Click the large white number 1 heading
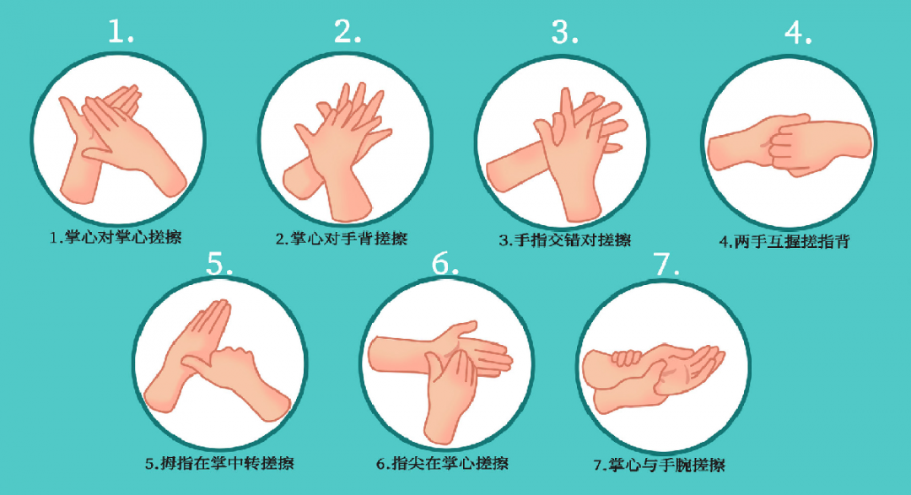pyautogui.click(x=121, y=31)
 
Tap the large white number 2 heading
pyautogui.click(x=348, y=31)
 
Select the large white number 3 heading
pyautogui.click(x=564, y=32)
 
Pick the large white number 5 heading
pyautogui.click(x=219, y=263)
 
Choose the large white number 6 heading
pyautogui.click(x=445, y=263)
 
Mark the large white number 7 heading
pyautogui.click(x=666, y=264)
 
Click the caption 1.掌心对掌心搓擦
pyautogui.click(x=116, y=237)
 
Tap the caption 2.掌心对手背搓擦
pyautogui.click(x=342, y=238)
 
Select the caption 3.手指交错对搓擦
pyautogui.click(x=564, y=239)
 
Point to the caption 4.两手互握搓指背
pyautogui.click(x=784, y=241)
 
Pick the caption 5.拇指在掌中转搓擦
pyautogui.click(x=219, y=463)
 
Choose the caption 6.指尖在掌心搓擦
pyautogui.click(x=442, y=463)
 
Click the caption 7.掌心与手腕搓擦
pyautogui.click(x=659, y=465)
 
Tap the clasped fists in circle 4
pyautogui.click(x=791, y=144)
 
